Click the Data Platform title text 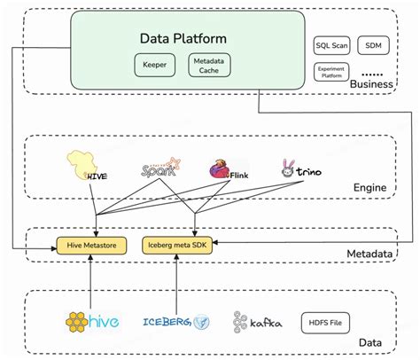183,38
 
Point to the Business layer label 370,83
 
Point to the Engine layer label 371,189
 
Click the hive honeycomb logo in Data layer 92,321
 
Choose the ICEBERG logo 175,321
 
